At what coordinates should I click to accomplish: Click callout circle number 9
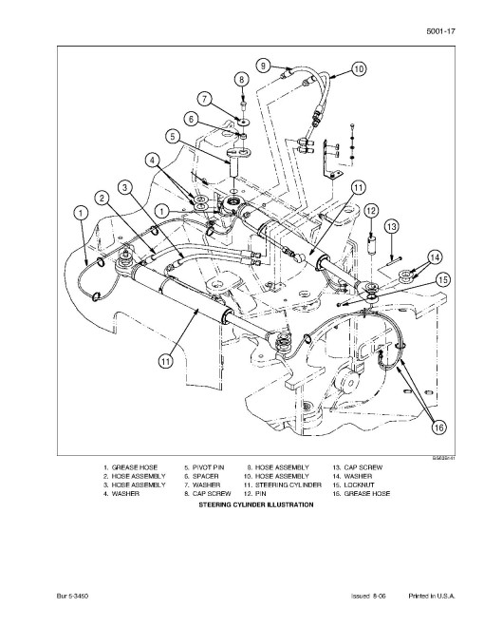(263, 66)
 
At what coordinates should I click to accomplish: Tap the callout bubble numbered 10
(359, 68)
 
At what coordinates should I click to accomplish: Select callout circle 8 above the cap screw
(242, 79)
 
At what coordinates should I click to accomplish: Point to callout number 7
(205, 99)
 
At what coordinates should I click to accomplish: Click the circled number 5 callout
(173, 137)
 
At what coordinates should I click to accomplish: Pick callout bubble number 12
(371, 211)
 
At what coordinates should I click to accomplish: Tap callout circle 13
(392, 227)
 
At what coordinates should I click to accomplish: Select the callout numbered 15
(443, 279)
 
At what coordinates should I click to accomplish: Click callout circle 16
(438, 427)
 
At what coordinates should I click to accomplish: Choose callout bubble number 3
(125, 187)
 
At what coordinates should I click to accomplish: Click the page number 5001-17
(440, 31)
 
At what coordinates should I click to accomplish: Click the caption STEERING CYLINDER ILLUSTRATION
(256, 504)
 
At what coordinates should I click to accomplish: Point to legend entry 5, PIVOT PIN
(204, 467)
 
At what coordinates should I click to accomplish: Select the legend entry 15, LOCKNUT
(353, 485)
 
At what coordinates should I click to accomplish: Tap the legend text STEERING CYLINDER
(289, 485)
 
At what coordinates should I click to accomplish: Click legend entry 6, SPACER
(201, 476)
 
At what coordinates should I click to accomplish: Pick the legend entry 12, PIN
(254, 494)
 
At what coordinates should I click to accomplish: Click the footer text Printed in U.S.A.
(432, 597)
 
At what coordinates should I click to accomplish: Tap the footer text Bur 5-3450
(72, 597)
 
